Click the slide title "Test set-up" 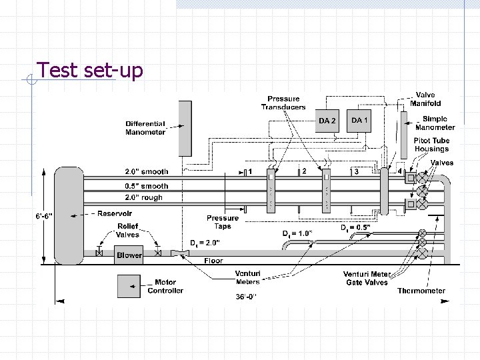coord(89,70)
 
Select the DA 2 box coord(327,121)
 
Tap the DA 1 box coord(359,120)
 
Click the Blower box coord(129,255)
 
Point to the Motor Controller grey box coord(131,287)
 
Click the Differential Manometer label coord(145,128)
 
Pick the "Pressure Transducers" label coord(283,103)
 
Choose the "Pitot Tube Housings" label coord(431,145)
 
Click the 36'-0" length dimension coord(245,295)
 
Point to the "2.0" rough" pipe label coord(143,197)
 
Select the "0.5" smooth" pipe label coord(147,186)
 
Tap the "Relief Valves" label coord(128,231)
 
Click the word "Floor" coord(213,261)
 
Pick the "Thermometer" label coord(421,291)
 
